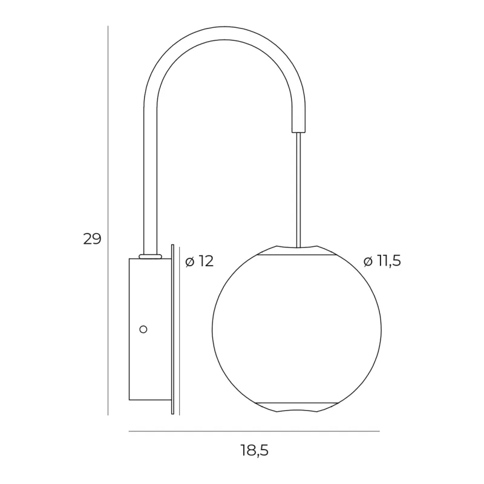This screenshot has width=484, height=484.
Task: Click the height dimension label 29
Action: pyautogui.click(x=92, y=238)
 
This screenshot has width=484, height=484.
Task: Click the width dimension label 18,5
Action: pyautogui.click(x=253, y=451)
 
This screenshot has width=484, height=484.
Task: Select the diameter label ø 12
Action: pyautogui.click(x=200, y=261)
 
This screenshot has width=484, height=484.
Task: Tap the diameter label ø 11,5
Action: pyautogui.click(x=383, y=261)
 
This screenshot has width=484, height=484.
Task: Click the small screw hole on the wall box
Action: pyautogui.click(x=143, y=329)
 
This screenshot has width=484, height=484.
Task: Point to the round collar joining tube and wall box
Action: pyautogui.click(x=150, y=256)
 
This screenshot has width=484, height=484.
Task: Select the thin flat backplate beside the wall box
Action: pyautogui.click(x=172, y=330)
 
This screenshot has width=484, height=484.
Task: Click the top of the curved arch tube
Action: pyautogui.click(x=224, y=33)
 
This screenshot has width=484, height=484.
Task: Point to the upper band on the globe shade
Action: pyautogui.click(x=296, y=255)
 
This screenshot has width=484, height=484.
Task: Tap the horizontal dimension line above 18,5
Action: pyautogui.click(x=254, y=431)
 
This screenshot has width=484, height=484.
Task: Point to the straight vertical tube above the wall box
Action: pyautogui.click(x=149, y=181)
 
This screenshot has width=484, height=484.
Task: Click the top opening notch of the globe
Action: pyautogui.click(x=296, y=247)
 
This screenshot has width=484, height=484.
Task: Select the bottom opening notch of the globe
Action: pyautogui.click(x=296, y=412)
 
